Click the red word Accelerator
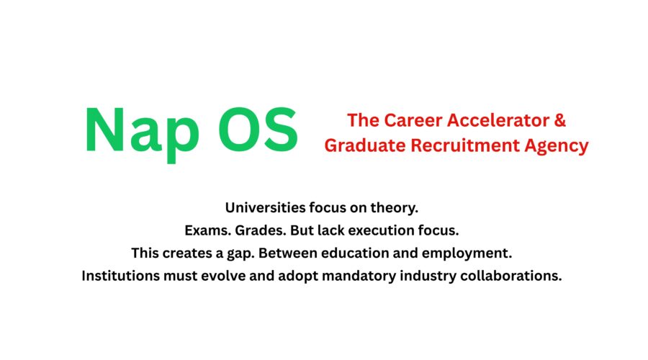497,120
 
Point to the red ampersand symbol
560,120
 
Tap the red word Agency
557,146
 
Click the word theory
395,208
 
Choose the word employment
472,253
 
